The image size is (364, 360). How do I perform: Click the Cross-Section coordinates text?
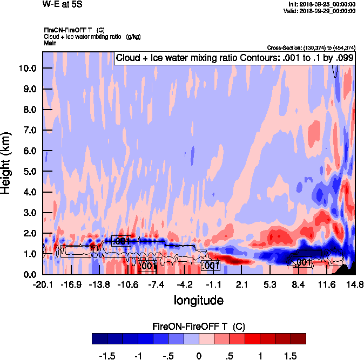(x=311, y=47)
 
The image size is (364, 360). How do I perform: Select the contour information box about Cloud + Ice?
(x=234, y=58)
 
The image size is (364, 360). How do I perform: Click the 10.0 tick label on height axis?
(x=27, y=68)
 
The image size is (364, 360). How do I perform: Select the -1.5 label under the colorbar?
(x=109, y=356)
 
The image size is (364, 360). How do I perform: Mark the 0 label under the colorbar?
(x=199, y=356)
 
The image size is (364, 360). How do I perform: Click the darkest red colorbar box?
(x=298, y=338)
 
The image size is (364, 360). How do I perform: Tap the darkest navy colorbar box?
(x=99, y=338)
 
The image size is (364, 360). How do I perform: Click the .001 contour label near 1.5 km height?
(x=121, y=241)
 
